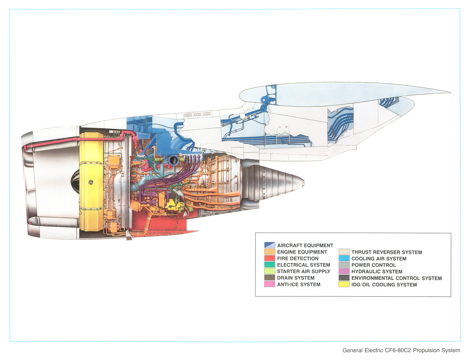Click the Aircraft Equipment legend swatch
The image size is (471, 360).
(x=269, y=245)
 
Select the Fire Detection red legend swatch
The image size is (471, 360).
(x=269, y=258)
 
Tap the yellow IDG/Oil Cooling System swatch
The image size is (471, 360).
(x=344, y=284)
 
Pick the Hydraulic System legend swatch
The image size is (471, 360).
(x=344, y=272)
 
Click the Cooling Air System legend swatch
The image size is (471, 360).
(x=344, y=259)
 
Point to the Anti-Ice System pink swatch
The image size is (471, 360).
(x=269, y=284)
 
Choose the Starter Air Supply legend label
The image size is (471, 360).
(x=303, y=271)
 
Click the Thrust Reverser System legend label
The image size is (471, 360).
(x=387, y=252)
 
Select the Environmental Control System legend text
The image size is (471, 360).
(x=396, y=278)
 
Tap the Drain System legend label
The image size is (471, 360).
(x=296, y=278)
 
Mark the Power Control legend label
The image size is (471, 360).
(x=374, y=265)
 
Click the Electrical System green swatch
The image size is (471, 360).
(x=269, y=265)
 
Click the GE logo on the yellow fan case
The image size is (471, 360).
(x=91, y=182)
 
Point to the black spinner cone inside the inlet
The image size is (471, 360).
(x=75, y=181)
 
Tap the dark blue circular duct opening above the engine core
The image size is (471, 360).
(x=173, y=160)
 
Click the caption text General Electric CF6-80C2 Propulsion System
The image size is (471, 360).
(x=401, y=350)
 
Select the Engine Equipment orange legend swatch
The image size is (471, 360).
(x=269, y=252)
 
